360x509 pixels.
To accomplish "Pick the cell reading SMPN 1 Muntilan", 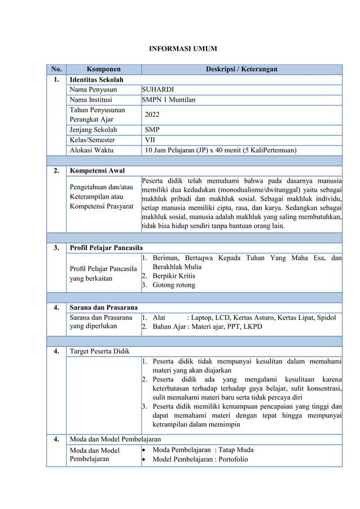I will coord(169,100).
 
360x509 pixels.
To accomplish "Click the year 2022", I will coord(152,115).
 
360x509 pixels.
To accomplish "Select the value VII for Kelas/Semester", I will coord(151,140).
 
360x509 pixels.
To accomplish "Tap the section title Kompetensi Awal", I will coord(96,170).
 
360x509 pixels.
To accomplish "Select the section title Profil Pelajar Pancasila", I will coord(106,247).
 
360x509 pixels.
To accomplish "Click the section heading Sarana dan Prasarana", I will coord(103,308).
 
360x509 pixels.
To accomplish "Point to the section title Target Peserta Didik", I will coord(99,352).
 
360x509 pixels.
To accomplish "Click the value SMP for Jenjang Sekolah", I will coord(152,129).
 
